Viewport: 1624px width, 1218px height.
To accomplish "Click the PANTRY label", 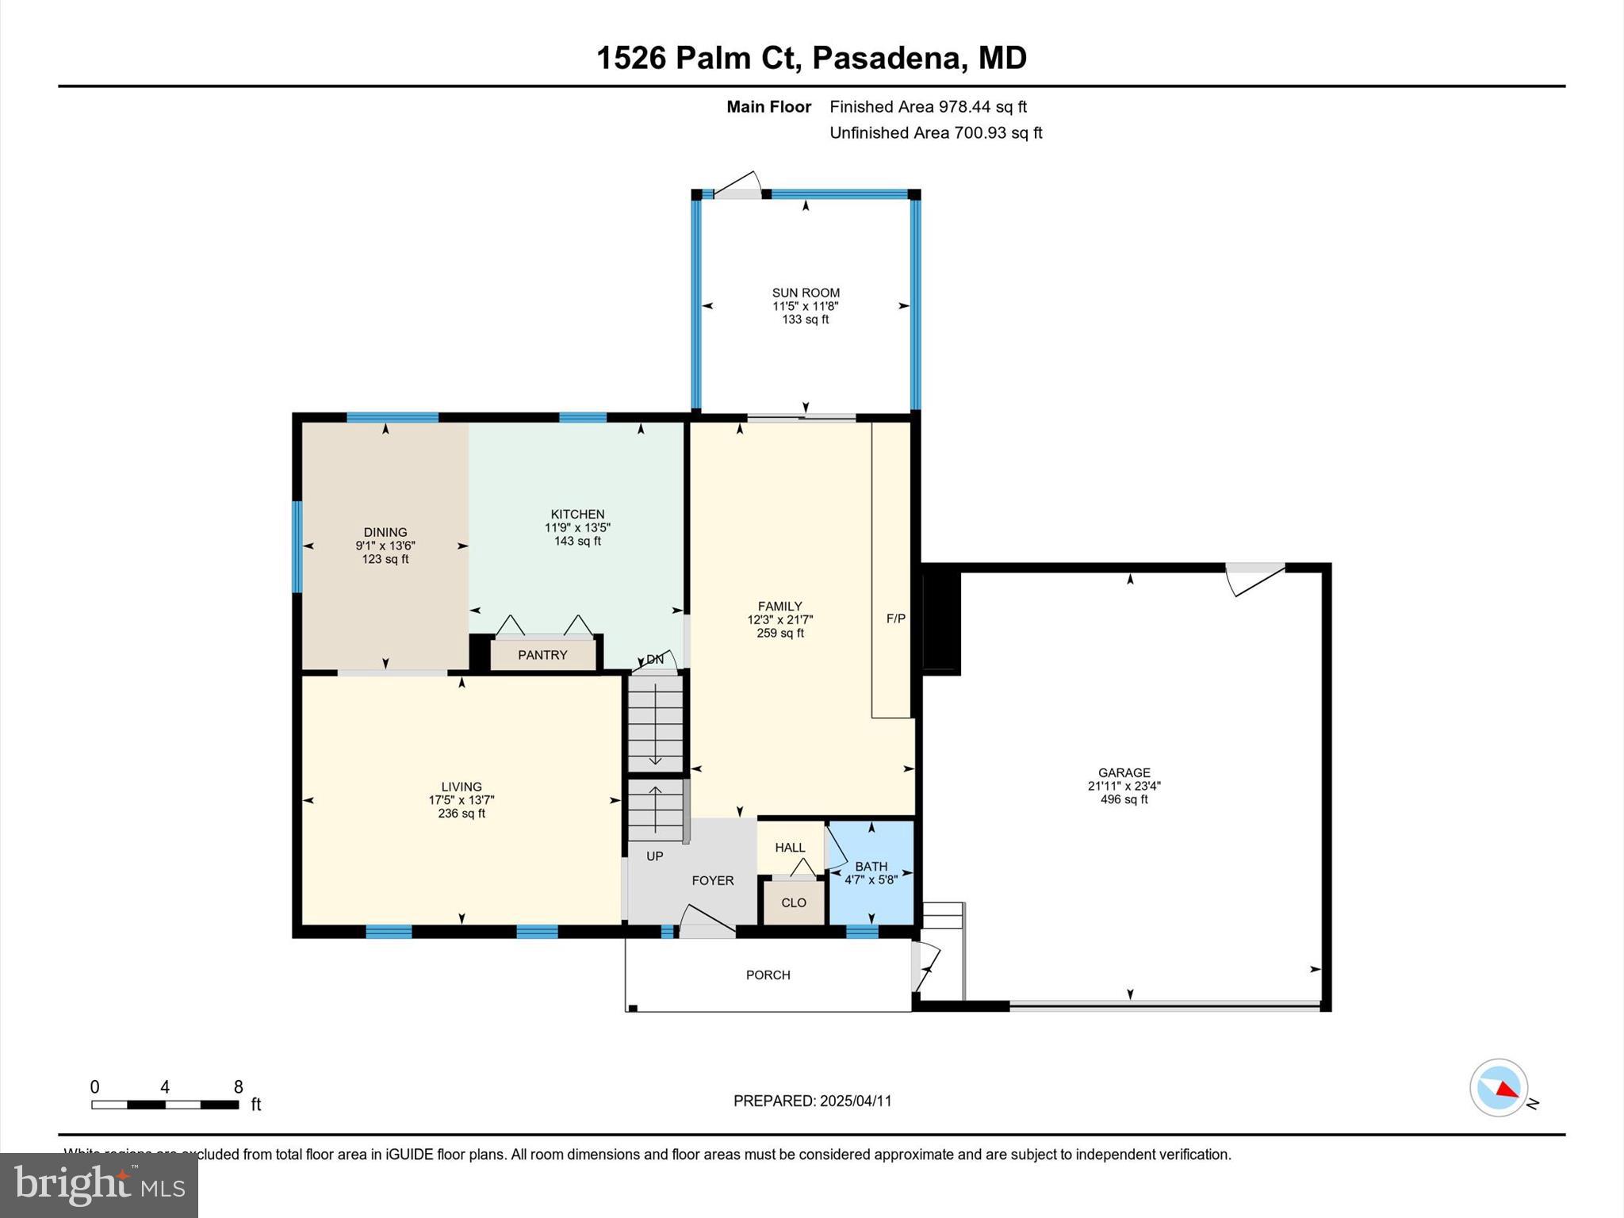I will [542, 655].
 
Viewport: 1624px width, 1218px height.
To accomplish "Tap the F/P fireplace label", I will [895, 619].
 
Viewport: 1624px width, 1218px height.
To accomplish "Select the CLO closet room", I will [793, 902].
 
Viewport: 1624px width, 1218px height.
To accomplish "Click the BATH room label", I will [871, 867].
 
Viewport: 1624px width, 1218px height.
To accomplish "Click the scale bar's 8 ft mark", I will [238, 1088].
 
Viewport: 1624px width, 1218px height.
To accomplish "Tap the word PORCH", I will [768, 975].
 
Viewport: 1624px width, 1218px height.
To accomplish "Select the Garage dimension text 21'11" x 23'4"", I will [1124, 786].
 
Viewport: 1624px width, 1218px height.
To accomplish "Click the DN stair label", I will [655, 660].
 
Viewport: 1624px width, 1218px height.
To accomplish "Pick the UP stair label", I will [655, 856].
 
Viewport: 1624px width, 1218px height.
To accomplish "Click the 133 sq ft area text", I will [805, 320].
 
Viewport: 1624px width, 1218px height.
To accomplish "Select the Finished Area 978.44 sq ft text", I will [928, 107].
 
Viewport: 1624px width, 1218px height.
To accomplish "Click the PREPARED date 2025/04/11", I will [812, 1101].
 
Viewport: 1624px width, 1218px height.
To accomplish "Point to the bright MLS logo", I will [99, 1185].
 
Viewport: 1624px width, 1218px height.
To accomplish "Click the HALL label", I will [790, 848].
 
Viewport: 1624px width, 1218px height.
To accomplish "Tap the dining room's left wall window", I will [297, 546].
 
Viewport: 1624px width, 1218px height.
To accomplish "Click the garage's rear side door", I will [1254, 578].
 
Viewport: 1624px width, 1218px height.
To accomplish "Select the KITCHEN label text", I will [577, 514].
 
